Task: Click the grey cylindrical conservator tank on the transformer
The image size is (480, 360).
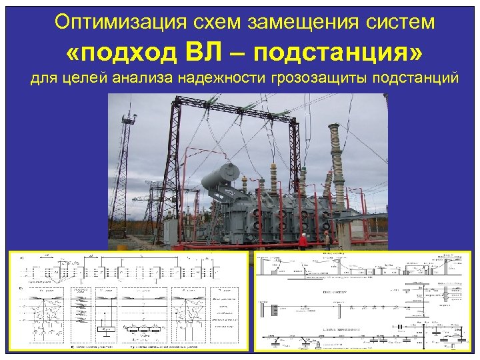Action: pyautogui.click(x=221, y=175)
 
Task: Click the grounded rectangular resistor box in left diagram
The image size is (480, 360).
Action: pyautogui.click(x=104, y=329)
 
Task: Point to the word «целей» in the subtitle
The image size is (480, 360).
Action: pyautogui.click(x=99, y=79)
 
